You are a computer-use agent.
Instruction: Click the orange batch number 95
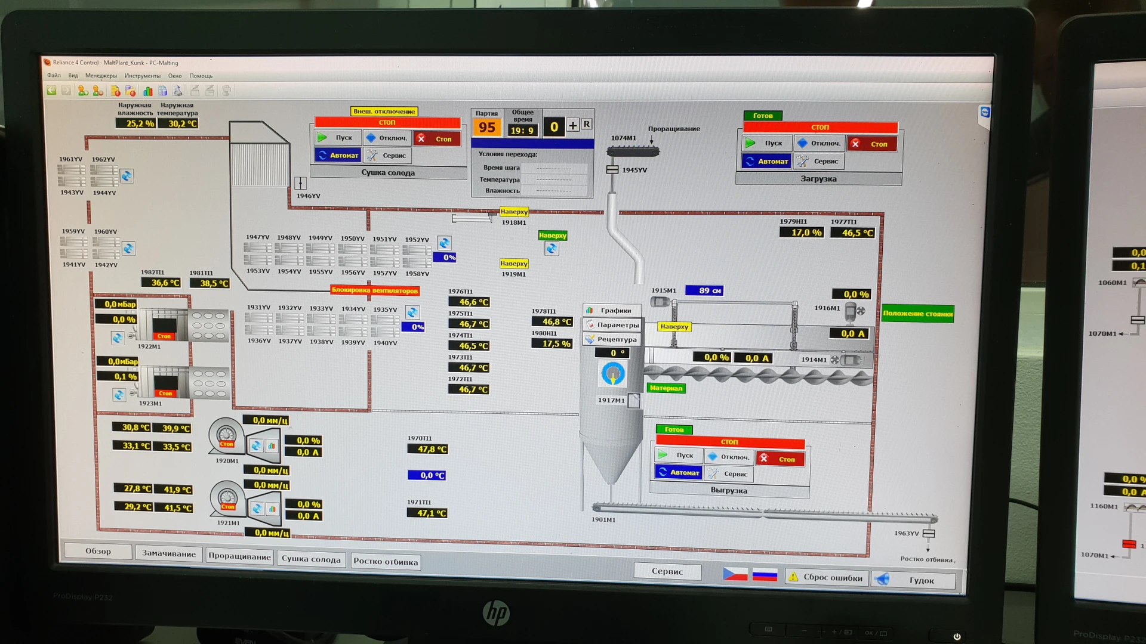[x=486, y=128]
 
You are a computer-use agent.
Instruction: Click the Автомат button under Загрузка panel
[x=767, y=162]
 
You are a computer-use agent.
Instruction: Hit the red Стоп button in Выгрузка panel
[x=780, y=459]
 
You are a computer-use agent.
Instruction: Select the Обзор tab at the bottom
[x=98, y=551]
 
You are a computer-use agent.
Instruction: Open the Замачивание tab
[x=169, y=554]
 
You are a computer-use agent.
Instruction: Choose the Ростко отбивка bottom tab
[x=386, y=562]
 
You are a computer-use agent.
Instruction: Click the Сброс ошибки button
[x=826, y=577]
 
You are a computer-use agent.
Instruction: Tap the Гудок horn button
[x=914, y=580]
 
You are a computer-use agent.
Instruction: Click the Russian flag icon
[x=765, y=575]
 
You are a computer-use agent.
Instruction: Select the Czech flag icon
[x=735, y=574]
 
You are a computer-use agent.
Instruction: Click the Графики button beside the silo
[x=611, y=311]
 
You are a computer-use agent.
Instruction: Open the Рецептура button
[x=612, y=339]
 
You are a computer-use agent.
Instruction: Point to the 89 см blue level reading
[x=704, y=290]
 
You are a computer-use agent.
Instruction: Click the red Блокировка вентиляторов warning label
[x=375, y=290]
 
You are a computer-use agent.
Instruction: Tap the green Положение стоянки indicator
[x=917, y=314]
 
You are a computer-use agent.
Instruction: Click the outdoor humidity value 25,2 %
[x=135, y=123]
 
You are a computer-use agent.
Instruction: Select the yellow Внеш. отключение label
[x=384, y=112]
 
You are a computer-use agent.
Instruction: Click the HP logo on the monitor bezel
[x=496, y=612]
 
